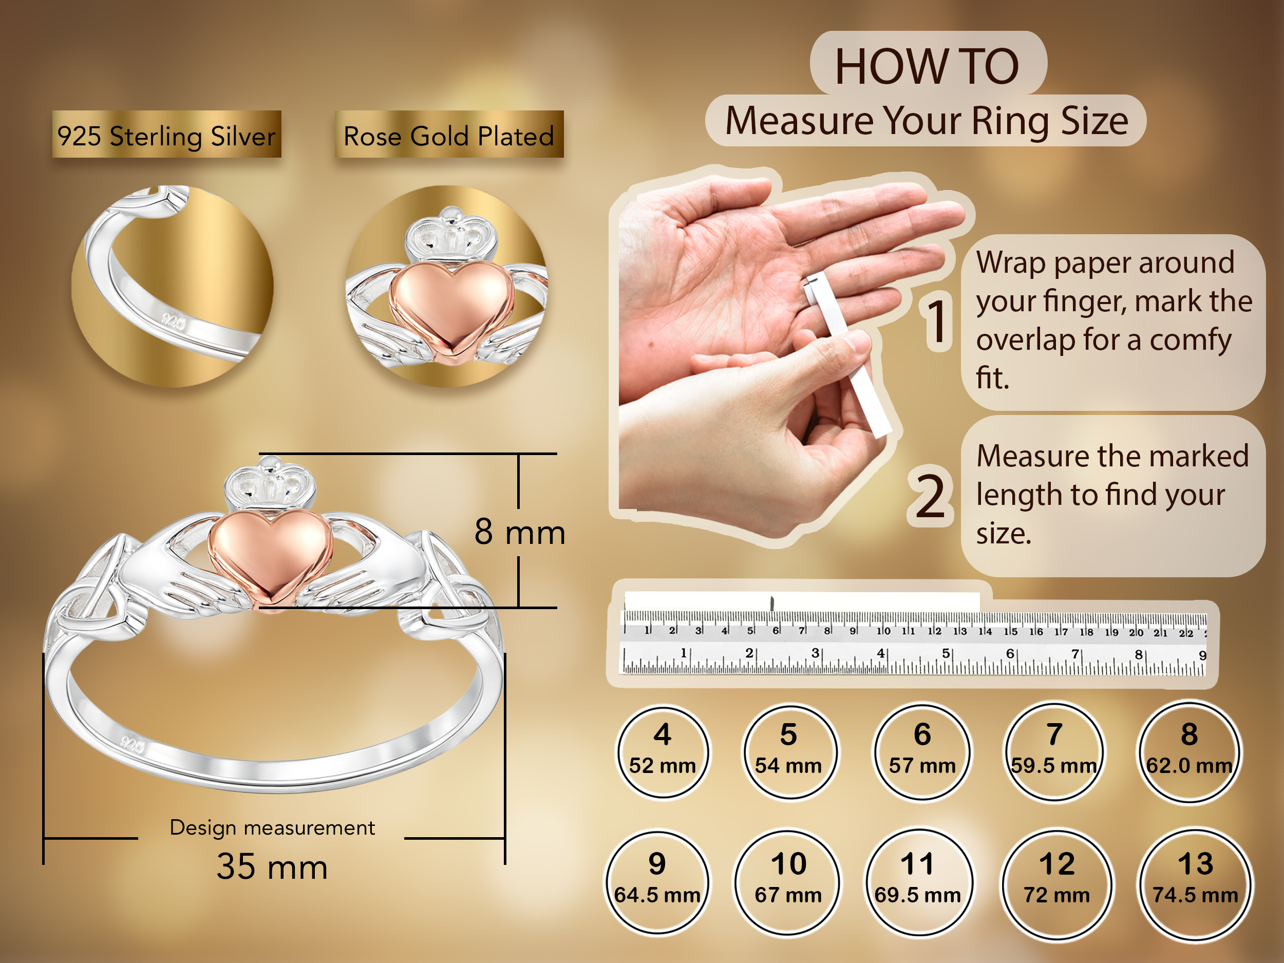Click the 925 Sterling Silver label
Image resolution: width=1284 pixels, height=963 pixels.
coord(166,135)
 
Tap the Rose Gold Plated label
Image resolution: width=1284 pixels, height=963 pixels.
coord(449,135)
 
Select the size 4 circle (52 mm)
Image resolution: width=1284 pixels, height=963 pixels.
coord(663,752)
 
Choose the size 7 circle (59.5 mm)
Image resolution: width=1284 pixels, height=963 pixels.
coord(1053,752)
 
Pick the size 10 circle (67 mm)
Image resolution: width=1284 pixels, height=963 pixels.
coord(788,882)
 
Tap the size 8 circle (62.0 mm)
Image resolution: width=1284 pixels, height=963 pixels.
coord(1189,752)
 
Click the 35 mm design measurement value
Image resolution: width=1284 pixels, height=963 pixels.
coord(272,866)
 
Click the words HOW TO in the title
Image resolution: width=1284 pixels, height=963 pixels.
coord(927,66)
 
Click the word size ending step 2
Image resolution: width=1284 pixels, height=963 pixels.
coord(1004,533)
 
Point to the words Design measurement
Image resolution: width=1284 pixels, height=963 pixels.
coord(272,828)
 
